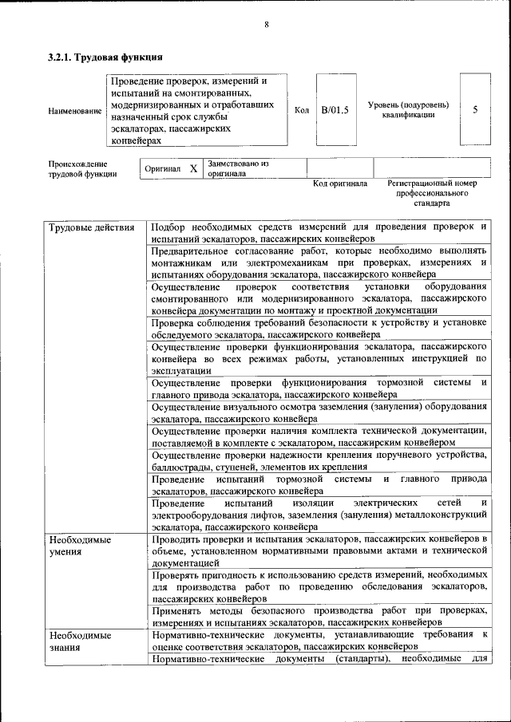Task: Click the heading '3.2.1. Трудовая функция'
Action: tap(105, 57)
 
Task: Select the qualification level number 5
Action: tap(475, 110)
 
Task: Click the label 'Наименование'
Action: tap(75, 111)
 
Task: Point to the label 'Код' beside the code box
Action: tap(302, 110)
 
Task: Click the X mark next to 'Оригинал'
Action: tap(193, 169)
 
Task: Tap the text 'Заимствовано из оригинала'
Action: tap(238, 168)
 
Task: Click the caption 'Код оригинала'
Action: tap(339, 184)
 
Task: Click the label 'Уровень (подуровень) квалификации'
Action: tap(408, 110)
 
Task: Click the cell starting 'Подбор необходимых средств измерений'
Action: tap(319, 233)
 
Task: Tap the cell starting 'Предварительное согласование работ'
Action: tap(319, 262)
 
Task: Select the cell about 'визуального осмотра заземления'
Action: tap(319, 412)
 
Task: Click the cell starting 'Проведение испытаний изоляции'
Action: tap(319, 515)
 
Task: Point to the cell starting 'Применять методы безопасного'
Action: tap(319, 616)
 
